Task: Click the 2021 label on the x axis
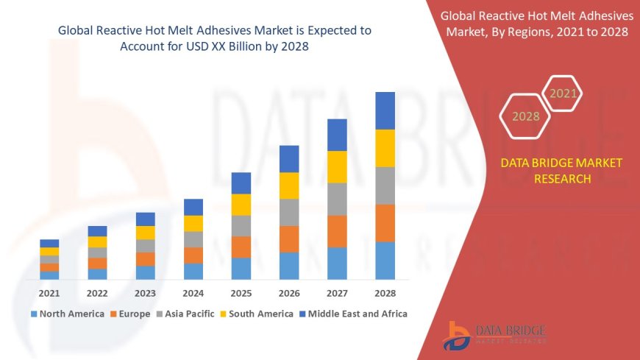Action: click(x=49, y=292)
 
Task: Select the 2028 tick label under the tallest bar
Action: click(x=385, y=292)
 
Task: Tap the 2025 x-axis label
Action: click(x=241, y=292)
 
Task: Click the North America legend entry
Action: click(x=67, y=314)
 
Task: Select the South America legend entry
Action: click(x=257, y=314)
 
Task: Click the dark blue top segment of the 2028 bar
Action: click(x=385, y=110)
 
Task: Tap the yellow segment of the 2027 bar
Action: click(x=337, y=166)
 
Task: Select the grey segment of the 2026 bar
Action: click(x=289, y=212)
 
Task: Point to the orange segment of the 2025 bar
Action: click(x=241, y=247)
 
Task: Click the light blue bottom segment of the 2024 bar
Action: click(x=193, y=271)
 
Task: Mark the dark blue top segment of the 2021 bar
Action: click(x=49, y=243)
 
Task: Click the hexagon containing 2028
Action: click(x=525, y=116)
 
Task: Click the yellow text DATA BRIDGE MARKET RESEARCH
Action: click(x=561, y=170)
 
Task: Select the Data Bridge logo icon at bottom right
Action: click(x=458, y=336)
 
